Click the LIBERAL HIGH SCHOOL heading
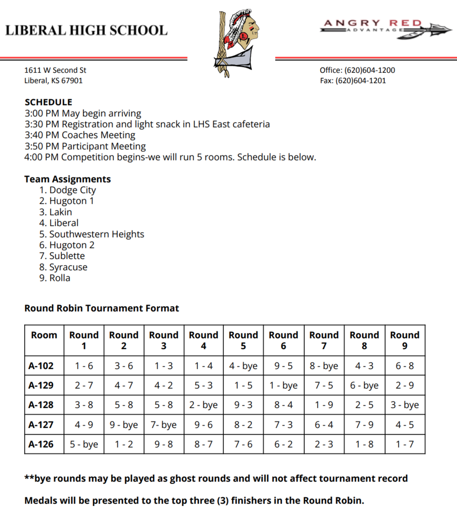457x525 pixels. (x=86, y=30)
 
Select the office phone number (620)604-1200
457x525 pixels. (x=369, y=70)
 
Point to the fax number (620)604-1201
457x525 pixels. (x=361, y=80)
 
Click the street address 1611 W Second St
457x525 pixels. (x=55, y=70)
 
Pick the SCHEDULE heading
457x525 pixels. (x=48, y=102)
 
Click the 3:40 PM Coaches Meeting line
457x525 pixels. (x=79, y=135)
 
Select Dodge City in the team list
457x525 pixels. (x=72, y=190)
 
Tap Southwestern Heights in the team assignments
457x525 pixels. (x=96, y=234)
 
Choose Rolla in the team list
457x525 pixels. (x=59, y=278)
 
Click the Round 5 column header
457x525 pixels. (x=243, y=340)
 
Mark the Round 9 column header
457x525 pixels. (x=405, y=340)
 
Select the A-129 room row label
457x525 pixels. (x=41, y=386)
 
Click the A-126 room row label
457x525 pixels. (x=41, y=444)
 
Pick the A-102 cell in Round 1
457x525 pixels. (x=84, y=367)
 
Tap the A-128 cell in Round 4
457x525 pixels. (x=203, y=405)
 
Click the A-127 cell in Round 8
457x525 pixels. (x=364, y=425)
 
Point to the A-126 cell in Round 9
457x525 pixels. (x=405, y=444)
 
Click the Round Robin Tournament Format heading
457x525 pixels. (x=102, y=308)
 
